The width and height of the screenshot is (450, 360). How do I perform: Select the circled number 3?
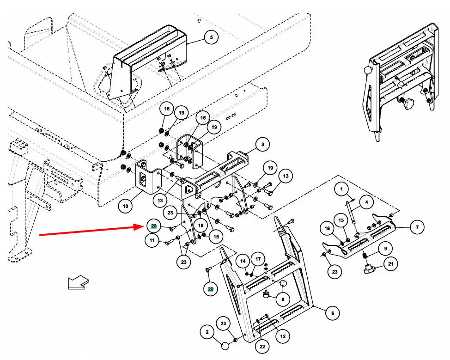click(262, 145)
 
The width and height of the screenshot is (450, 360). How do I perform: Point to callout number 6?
click(332, 313)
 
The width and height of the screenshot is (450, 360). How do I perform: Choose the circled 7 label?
click(417, 227)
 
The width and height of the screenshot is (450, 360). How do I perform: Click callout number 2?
click(207, 331)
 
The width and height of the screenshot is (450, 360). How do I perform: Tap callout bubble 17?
click(258, 260)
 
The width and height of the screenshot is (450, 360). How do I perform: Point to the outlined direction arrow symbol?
click(77, 282)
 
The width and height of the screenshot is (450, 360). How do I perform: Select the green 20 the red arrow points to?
click(153, 226)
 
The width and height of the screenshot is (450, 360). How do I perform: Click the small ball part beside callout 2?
click(225, 345)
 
